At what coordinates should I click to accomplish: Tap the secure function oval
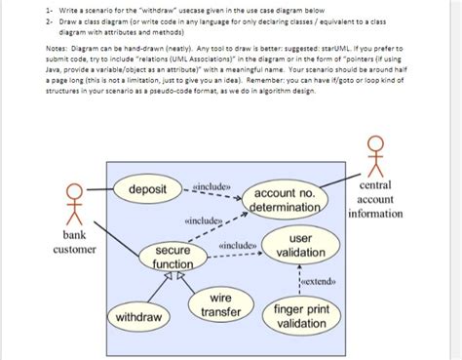[x=173, y=258]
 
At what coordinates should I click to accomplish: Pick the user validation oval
[x=301, y=245]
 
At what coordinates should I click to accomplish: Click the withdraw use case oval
[x=138, y=317]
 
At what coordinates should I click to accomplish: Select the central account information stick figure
[x=375, y=154]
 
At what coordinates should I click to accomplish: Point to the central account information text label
[x=375, y=200]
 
